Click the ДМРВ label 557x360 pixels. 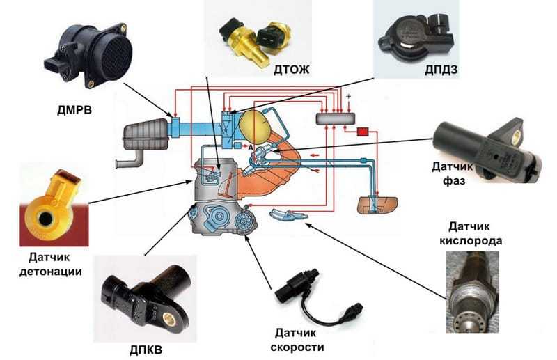pos(74,110)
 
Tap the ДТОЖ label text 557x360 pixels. pos(291,70)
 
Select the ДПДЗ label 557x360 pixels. pos(441,70)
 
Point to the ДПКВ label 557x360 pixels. pos(146,350)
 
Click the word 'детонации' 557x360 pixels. pos(51,272)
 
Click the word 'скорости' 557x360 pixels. pos(297,347)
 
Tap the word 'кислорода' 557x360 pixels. pos(471,241)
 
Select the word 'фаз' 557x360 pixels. pos(454,180)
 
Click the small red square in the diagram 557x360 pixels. pos(363,132)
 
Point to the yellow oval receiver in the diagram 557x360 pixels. pos(255,127)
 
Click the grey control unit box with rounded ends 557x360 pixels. pos(336,118)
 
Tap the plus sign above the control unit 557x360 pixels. pos(349,96)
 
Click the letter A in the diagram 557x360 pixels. pos(251,147)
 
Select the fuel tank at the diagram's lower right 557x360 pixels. pos(377,205)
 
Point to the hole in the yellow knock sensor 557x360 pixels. pos(45,218)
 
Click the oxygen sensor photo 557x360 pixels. pos(472,292)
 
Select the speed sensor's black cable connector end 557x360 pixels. pos(353,311)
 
